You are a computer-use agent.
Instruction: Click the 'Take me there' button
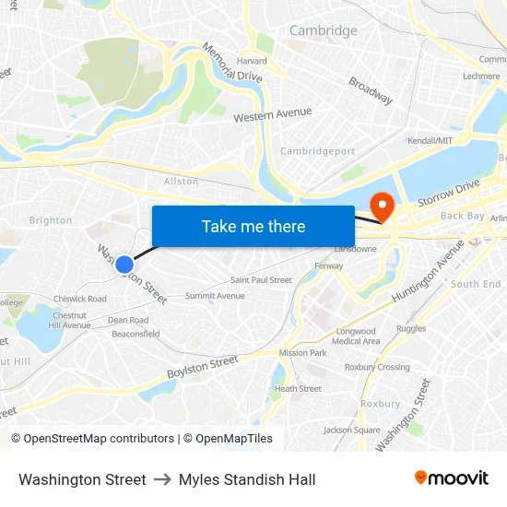click(253, 226)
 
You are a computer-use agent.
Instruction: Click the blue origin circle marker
click(124, 265)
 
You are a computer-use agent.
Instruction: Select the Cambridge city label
click(323, 30)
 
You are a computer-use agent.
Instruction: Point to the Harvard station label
click(252, 61)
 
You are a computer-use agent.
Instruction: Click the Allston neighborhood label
click(181, 182)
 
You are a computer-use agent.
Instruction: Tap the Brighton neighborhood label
click(51, 220)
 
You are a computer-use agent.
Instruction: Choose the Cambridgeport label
click(317, 151)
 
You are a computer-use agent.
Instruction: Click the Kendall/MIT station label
click(430, 140)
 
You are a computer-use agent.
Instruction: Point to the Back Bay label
click(462, 216)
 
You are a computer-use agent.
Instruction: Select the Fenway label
click(329, 265)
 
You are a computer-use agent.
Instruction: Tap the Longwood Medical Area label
click(356, 336)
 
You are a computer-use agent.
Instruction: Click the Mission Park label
click(303, 353)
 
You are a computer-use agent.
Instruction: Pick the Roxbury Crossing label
click(377, 367)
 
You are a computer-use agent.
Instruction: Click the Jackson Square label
click(352, 430)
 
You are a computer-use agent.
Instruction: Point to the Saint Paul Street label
click(261, 280)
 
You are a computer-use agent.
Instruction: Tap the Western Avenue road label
click(272, 115)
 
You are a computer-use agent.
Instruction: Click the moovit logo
click(452, 478)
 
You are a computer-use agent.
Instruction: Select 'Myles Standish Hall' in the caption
click(247, 479)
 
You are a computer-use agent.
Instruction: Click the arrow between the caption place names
click(162, 479)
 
